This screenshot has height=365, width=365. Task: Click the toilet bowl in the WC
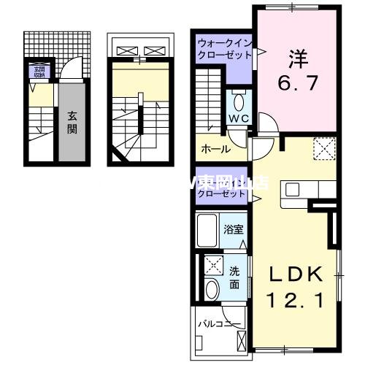click(239, 100)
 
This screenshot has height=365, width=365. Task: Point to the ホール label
click(215, 149)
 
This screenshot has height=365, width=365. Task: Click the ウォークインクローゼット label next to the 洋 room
click(223, 49)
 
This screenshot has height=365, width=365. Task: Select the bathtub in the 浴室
click(209, 229)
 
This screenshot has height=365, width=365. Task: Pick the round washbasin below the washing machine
click(212, 288)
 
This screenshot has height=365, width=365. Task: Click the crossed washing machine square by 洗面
click(212, 264)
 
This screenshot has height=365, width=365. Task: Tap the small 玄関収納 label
click(37, 72)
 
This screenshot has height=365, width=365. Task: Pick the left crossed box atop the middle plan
click(127, 50)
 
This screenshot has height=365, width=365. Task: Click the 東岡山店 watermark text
click(232, 182)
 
